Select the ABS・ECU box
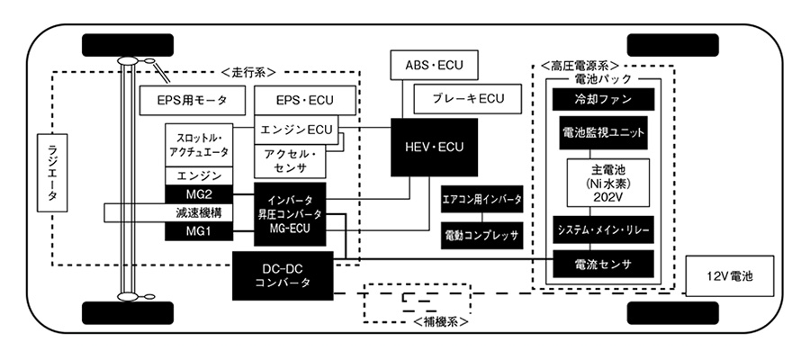pos(435,66)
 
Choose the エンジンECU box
pos(296,130)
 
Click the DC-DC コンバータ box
pos(283,275)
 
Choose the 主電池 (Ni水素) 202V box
pos(602,184)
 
